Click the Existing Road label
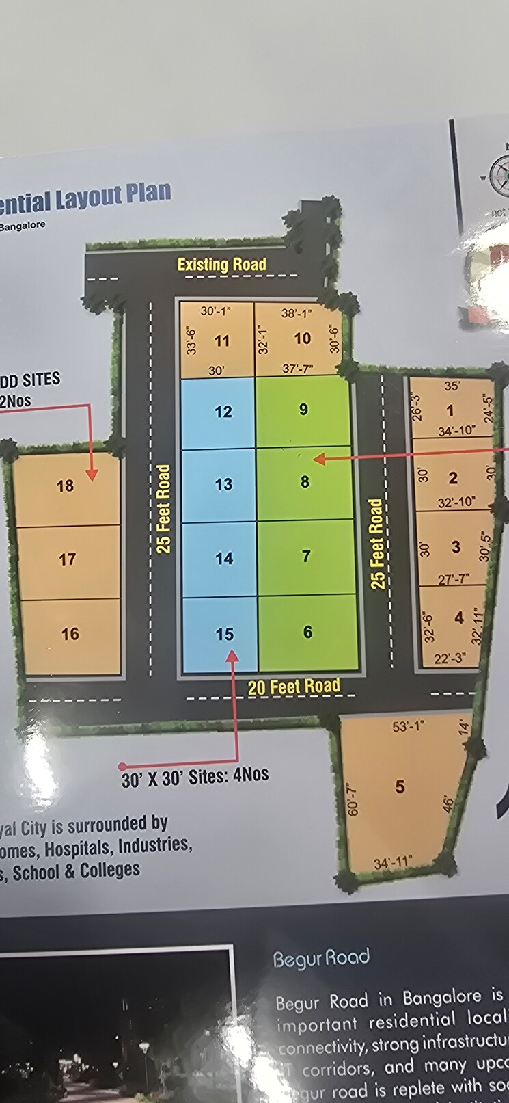221,265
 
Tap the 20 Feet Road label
294,686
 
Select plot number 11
221,341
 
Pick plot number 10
302,338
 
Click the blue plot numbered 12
223,412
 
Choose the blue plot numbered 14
224,559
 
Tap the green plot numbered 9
304,410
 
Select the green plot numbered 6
307,632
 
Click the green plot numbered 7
306,557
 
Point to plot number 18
65,486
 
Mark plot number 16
70,635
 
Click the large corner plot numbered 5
400,787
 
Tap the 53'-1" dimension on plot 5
409,726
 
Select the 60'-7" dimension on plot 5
351,799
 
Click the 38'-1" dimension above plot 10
296,314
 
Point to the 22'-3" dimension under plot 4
450,659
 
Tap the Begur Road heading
321,959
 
